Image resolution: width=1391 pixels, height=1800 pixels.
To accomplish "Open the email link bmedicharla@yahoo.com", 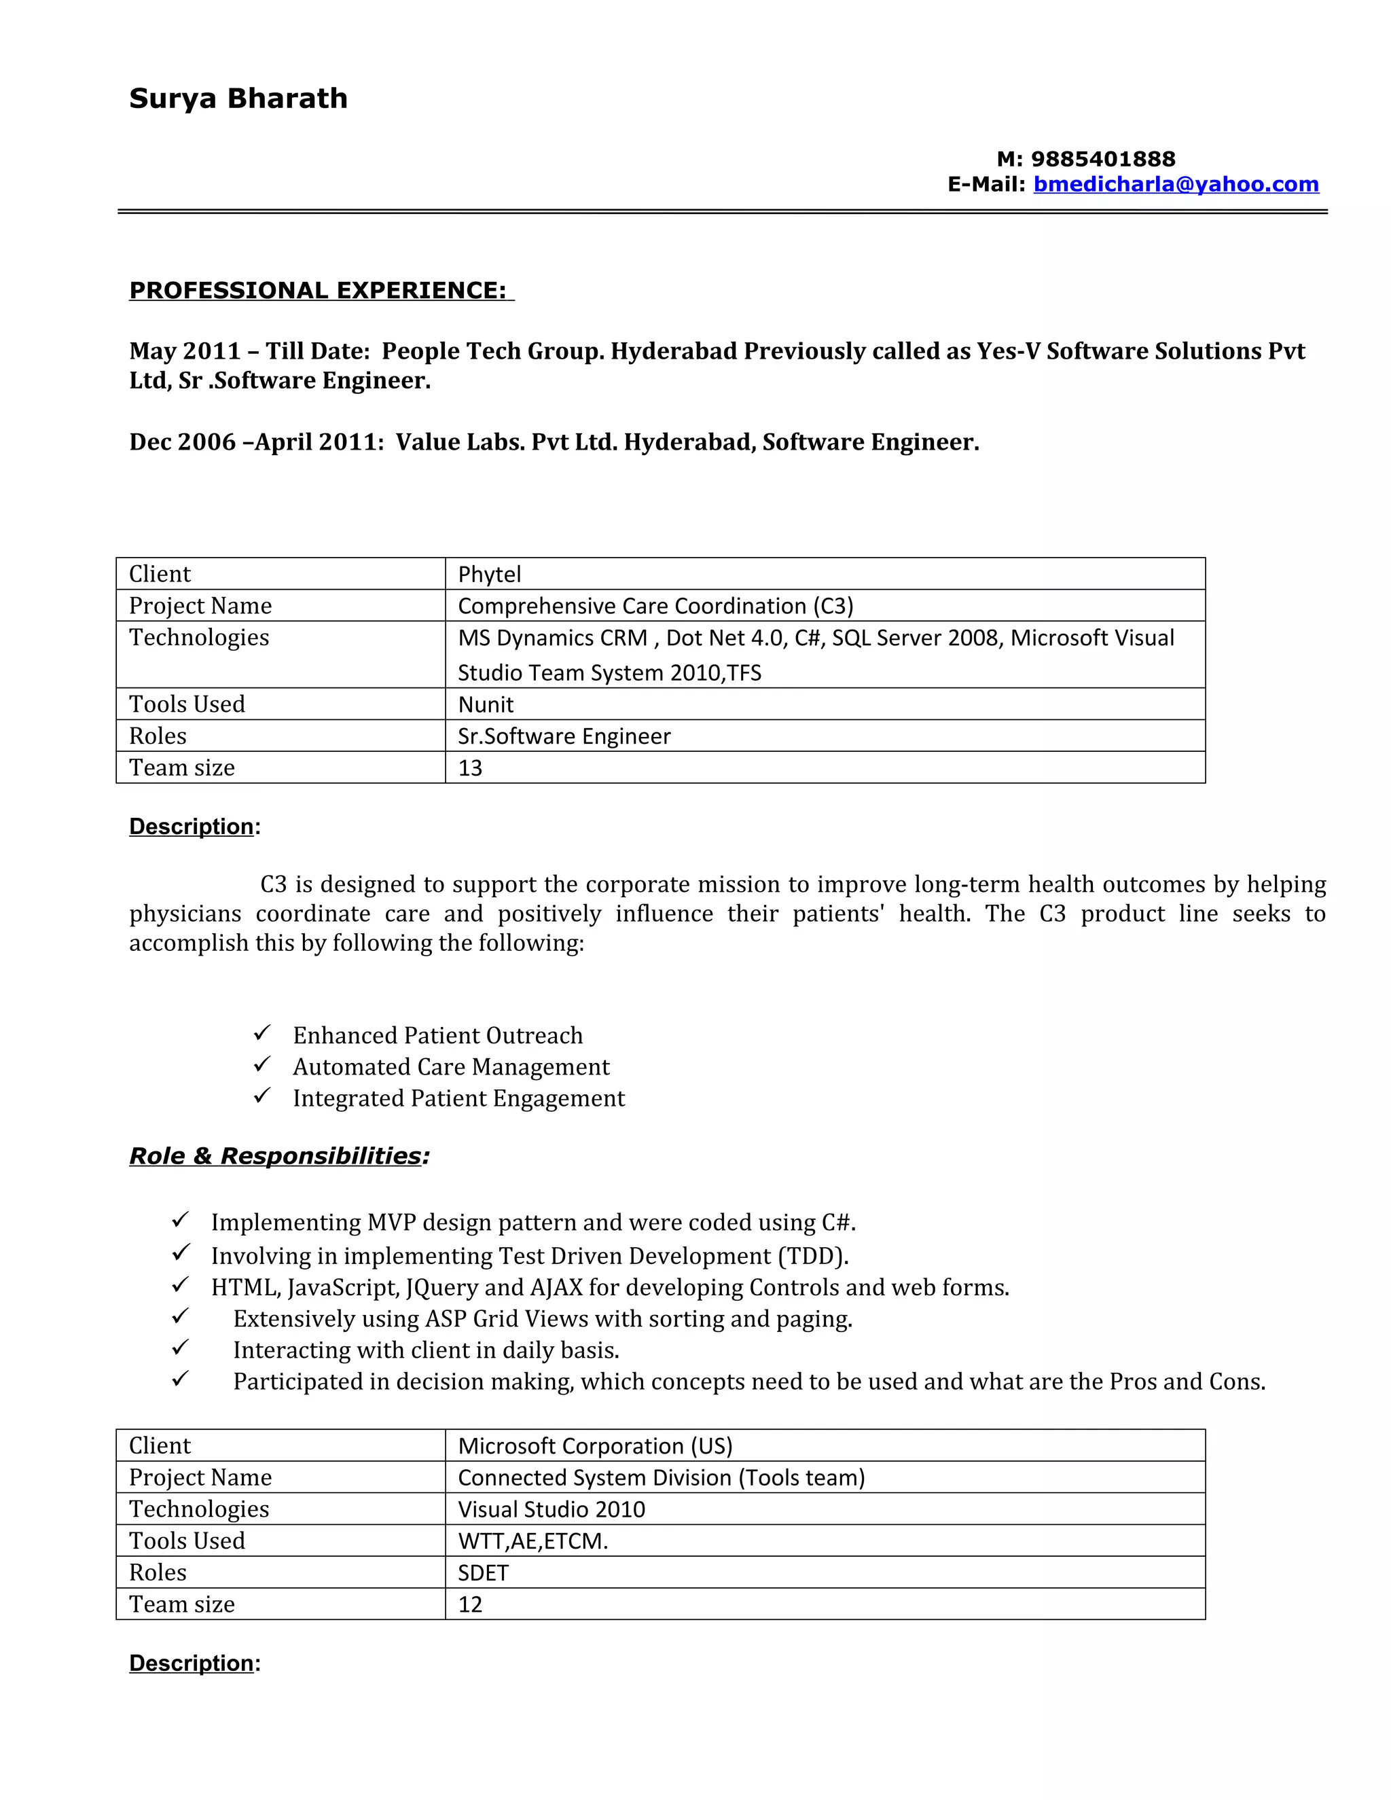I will click(1176, 184).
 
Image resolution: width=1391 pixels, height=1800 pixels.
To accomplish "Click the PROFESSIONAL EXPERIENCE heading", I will click(321, 290).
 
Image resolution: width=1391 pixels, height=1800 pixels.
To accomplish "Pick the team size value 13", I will click(471, 768).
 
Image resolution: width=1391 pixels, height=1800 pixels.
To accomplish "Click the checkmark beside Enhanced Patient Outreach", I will click(262, 1032).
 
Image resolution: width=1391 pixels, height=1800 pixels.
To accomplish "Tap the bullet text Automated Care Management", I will click(451, 1066).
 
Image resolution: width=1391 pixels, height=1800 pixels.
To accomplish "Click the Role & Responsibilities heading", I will click(279, 1155).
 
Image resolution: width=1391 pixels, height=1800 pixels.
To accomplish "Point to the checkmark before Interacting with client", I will click(181, 1348).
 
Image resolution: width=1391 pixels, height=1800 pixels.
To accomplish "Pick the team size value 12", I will click(471, 1604).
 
